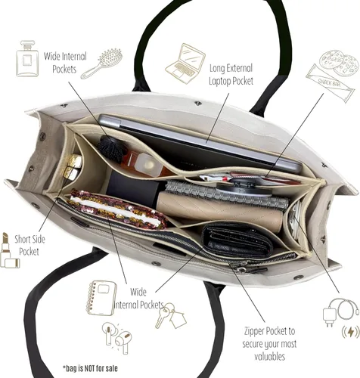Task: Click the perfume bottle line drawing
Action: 27,58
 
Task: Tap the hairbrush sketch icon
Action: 102,64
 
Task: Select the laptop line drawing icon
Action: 185,64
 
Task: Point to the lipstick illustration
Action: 9,250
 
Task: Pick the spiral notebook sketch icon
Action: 101,297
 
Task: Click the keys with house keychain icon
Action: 171,315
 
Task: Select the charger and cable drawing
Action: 340,311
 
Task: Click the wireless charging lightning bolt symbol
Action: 351,332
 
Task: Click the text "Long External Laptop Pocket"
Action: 231,75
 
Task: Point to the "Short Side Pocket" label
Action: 29,245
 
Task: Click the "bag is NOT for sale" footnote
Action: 90,368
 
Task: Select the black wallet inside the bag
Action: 237,240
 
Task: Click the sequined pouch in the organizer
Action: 117,209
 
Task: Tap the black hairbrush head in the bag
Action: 110,147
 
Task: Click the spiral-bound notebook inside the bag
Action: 227,194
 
